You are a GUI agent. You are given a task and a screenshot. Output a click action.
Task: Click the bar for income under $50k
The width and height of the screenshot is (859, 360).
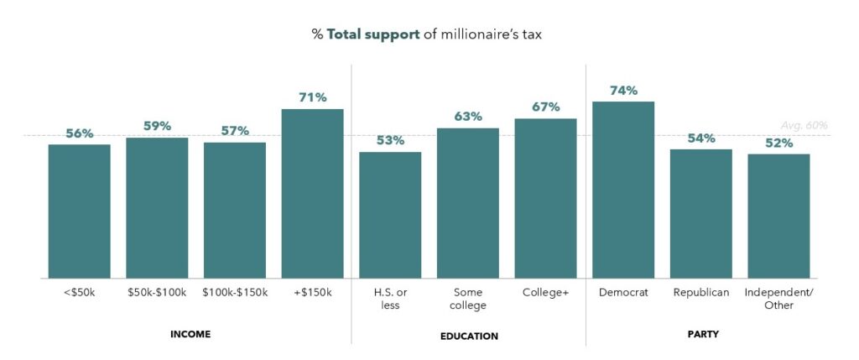click(79, 211)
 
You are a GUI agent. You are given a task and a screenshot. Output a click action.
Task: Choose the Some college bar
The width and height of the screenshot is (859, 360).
click(467, 203)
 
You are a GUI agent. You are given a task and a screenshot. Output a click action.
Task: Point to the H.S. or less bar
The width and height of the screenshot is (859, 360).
click(390, 215)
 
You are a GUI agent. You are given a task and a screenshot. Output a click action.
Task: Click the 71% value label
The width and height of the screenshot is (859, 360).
click(312, 97)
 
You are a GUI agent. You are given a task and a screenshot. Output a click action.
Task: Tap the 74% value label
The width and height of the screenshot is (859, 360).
click(623, 90)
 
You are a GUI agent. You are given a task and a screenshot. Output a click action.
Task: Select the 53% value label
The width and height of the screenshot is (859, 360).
click(390, 140)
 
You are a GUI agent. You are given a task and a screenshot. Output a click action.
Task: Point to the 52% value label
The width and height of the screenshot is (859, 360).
click(778, 143)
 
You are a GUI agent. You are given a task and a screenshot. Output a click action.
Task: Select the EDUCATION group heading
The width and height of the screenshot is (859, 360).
click(469, 336)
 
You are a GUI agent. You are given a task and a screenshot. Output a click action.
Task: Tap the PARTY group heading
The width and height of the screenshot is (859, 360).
click(700, 334)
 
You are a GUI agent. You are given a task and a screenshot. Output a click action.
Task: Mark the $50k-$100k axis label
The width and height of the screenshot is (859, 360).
click(157, 292)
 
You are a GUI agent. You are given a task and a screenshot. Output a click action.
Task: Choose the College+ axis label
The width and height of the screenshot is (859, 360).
click(545, 292)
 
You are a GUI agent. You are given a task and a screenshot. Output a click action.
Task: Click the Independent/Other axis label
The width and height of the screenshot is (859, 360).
click(778, 299)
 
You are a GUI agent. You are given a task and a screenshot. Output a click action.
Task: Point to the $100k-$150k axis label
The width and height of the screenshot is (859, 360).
click(235, 292)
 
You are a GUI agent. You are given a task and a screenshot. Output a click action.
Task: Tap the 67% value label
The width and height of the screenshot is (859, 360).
click(545, 107)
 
